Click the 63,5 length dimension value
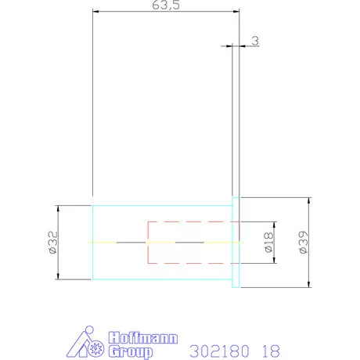[166, 5]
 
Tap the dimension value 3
[255, 41]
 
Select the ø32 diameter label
[53, 243]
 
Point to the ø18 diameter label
[268, 243]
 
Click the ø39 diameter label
[304, 243]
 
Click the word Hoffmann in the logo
[143, 338]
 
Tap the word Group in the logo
[131, 351]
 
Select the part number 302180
[219, 351]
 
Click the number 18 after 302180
[271, 351]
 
